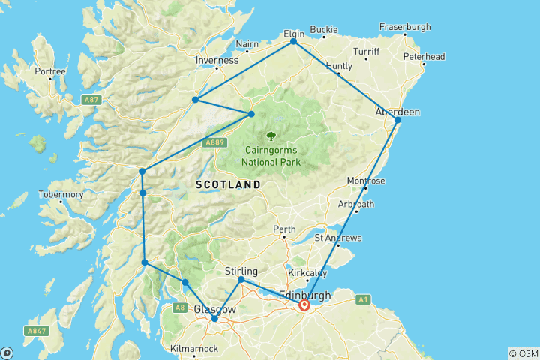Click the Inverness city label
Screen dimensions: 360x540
click(217, 60)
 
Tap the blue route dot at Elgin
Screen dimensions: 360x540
click(294, 42)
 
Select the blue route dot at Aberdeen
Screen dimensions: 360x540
click(398, 120)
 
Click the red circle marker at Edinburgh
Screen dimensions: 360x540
click(304, 305)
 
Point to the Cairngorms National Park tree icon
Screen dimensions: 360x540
click(271, 136)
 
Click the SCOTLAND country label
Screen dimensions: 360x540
click(228, 184)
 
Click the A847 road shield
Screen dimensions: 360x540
click(35, 330)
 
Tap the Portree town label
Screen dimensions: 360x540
click(51, 72)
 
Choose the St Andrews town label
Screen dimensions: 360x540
click(339, 238)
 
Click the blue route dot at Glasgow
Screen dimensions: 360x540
click(214, 319)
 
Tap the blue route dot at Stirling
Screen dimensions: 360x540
click(241, 280)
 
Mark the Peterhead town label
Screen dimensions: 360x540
click(424, 56)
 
